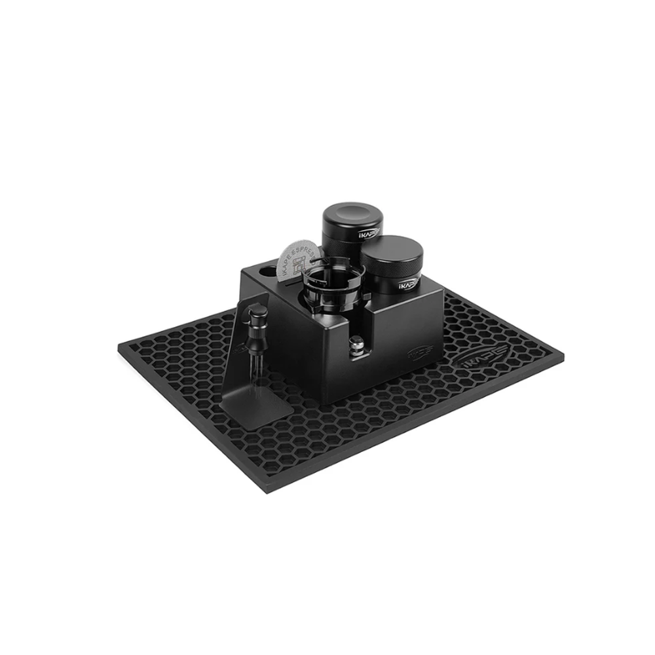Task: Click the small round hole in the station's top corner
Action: coord(267,269)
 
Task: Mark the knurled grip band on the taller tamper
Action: coord(341,242)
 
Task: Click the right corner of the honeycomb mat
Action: coord(562,357)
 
